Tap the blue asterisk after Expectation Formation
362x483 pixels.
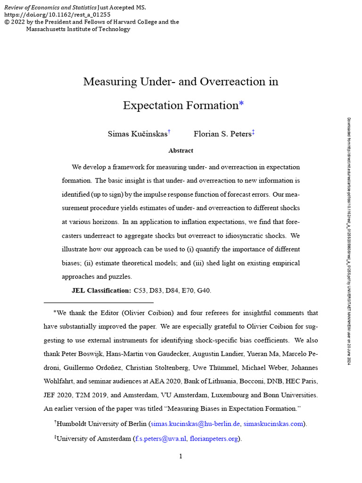coord(241,105)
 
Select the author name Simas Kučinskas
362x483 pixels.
coord(137,134)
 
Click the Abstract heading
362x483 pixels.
coord(181,150)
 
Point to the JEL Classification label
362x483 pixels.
coord(101,291)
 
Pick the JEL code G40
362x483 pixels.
coord(204,291)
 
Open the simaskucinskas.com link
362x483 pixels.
coord(273,424)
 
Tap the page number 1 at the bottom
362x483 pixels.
coord(181,456)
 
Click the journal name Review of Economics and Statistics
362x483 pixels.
coord(49,8)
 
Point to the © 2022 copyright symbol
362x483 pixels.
coord(7,22)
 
